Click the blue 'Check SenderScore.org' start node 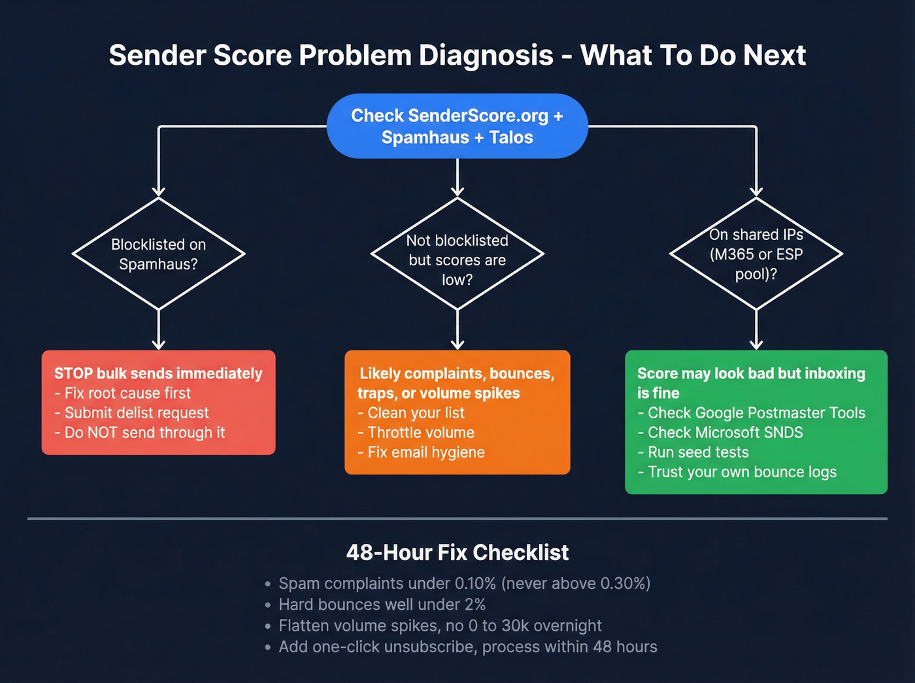point(457,126)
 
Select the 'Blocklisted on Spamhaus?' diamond point(158,254)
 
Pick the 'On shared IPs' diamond point(756,254)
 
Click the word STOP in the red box point(73,373)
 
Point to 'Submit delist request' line point(136,413)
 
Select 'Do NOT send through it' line point(144,433)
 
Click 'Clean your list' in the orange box point(416,413)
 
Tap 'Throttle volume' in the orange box point(420,433)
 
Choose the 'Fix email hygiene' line point(425,452)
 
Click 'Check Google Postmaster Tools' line point(756,413)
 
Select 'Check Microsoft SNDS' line point(725,433)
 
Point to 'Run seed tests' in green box point(697,452)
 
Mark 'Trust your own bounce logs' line point(742,472)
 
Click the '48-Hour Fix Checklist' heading point(457,553)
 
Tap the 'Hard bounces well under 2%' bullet point(382,605)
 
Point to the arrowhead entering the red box point(158,344)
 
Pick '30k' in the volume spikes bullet point(515,626)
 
